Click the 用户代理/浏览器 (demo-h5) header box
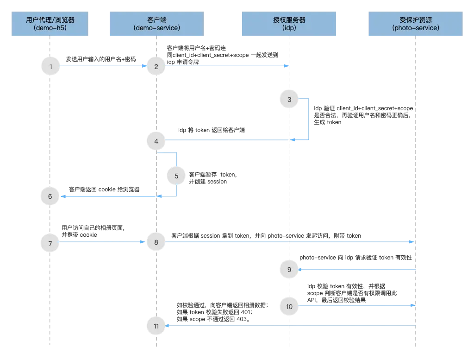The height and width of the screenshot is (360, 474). (50, 24)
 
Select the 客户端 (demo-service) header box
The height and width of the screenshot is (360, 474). (156, 24)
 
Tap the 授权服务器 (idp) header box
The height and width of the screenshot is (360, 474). (289, 24)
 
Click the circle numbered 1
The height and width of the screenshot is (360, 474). (50, 67)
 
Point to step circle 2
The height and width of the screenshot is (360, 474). (156, 67)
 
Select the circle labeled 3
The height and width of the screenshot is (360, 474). (289, 100)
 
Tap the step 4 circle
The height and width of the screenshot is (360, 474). (156, 141)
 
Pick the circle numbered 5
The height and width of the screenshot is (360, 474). (176, 176)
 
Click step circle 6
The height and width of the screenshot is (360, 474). (50, 196)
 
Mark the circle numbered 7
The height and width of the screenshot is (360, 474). (50, 243)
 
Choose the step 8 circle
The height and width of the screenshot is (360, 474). (156, 243)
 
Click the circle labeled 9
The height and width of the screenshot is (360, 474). (289, 270)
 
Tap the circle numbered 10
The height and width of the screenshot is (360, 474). (289, 306)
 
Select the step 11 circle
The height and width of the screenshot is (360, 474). (156, 326)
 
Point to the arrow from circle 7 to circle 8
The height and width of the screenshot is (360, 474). (102, 242)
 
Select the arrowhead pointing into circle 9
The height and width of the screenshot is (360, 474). (301, 269)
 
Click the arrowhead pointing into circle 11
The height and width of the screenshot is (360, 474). (168, 326)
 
